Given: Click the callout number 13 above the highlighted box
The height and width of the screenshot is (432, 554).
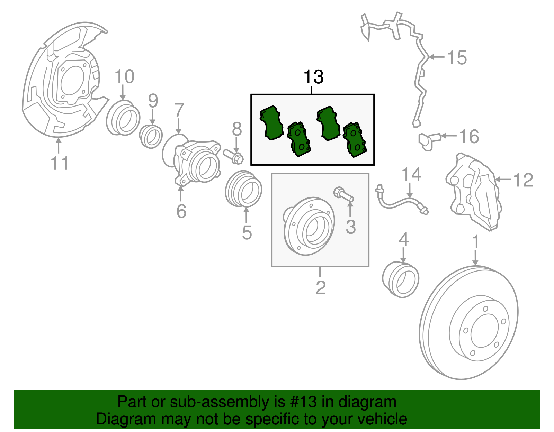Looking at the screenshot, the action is point(313,77).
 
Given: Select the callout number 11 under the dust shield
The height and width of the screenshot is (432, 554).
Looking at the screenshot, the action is point(60,163).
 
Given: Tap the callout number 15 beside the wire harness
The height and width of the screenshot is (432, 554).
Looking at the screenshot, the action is point(457,57).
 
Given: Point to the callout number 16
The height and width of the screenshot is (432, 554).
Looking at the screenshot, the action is point(469,136).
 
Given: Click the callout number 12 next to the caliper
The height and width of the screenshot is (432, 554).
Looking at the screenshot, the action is point(523,180).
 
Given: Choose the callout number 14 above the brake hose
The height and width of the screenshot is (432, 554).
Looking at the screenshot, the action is point(411,174).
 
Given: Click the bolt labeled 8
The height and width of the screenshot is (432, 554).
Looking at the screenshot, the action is point(234,157).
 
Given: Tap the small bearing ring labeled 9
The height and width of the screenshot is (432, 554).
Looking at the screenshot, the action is point(151,137).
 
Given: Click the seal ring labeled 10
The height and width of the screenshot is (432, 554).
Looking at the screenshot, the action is point(123,118).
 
